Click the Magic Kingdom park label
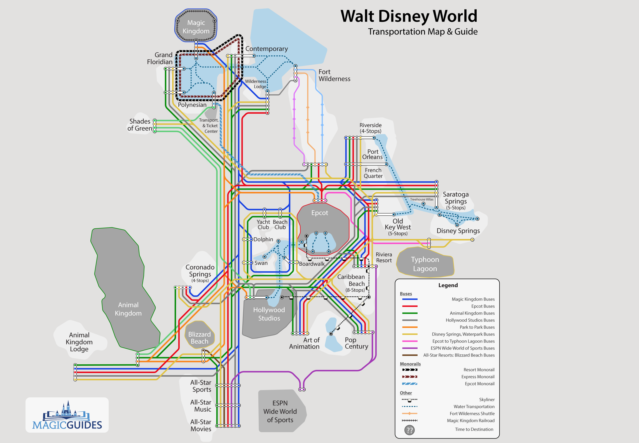(196, 27)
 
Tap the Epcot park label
(320, 213)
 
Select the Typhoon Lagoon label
(425, 264)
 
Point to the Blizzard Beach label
(199, 338)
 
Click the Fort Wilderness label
(334, 75)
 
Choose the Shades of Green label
(140, 125)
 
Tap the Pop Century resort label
(356, 343)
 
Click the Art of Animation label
(304, 343)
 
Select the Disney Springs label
(458, 231)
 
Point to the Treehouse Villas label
(422, 200)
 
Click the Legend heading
(448, 285)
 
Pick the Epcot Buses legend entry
(483, 306)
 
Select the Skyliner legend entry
(487, 400)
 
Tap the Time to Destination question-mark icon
(409, 430)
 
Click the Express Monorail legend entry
(478, 377)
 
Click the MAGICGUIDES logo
(67, 415)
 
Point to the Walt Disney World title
(409, 16)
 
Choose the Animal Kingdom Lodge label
(79, 342)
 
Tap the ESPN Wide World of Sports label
(280, 411)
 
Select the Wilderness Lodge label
(256, 84)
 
